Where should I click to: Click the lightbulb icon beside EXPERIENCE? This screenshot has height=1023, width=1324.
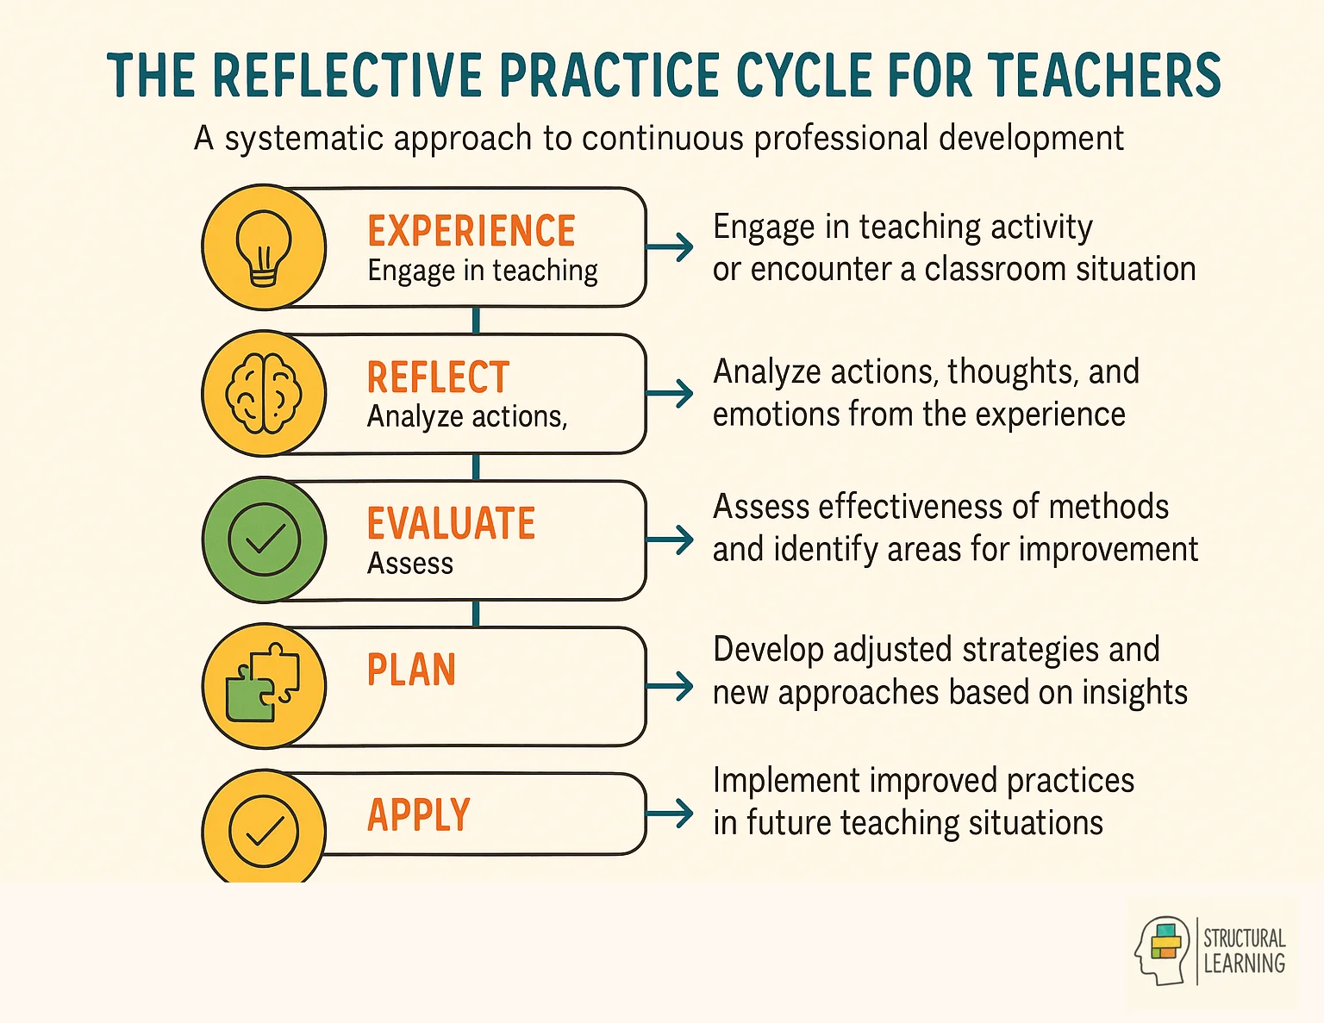click(264, 247)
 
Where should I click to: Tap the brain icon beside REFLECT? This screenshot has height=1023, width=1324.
click(264, 394)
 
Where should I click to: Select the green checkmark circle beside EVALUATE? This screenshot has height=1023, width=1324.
click(264, 540)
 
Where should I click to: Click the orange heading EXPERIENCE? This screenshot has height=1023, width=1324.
click(472, 231)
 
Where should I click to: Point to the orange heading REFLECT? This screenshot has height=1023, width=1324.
click(438, 377)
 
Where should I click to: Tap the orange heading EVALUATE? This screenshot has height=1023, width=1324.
click(451, 524)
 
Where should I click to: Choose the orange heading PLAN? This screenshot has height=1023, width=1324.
click(411, 671)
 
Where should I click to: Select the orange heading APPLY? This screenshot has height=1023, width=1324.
click(419, 815)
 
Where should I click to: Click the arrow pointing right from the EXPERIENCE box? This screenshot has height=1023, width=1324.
click(671, 247)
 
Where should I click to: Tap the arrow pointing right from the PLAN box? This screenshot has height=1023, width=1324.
click(671, 687)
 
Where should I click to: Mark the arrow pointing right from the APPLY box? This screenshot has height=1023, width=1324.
click(671, 814)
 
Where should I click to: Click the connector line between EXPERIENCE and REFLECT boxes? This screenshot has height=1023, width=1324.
click(476, 321)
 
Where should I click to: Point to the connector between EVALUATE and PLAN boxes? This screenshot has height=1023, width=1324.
click(476, 614)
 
